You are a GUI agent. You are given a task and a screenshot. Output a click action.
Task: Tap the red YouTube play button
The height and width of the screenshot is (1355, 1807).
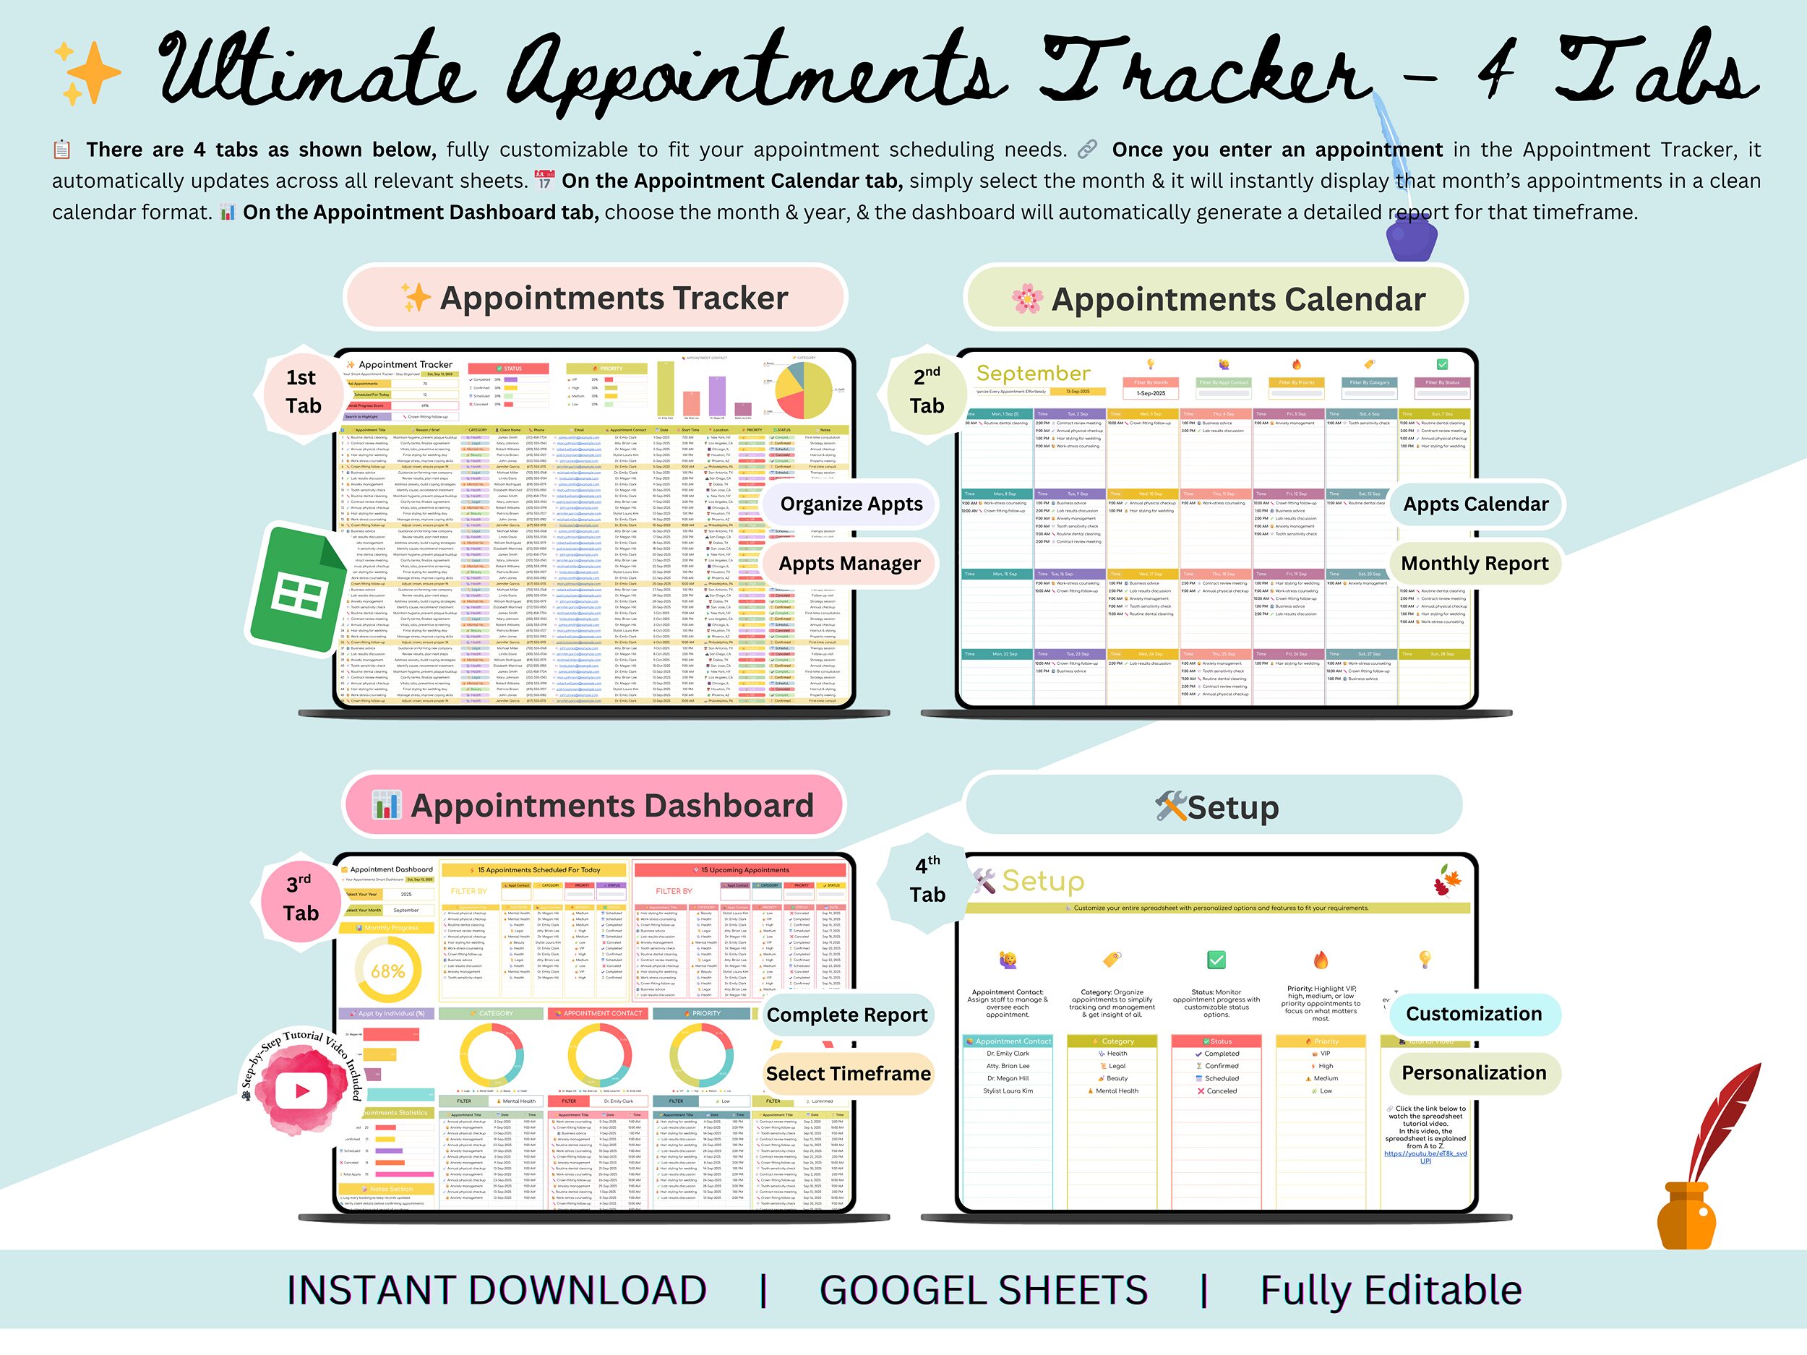[x=301, y=1091]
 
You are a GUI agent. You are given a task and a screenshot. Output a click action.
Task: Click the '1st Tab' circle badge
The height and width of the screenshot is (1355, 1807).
[x=302, y=392]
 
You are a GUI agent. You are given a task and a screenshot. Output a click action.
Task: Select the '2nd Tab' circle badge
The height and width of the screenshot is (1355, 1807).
[x=927, y=392]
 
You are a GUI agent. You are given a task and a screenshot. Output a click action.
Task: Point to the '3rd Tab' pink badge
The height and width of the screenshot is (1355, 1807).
[x=301, y=898]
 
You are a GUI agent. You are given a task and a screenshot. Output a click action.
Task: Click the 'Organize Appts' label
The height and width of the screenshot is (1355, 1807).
[x=851, y=504]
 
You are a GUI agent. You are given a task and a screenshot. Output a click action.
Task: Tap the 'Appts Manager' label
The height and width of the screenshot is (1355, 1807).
[x=849, y=564]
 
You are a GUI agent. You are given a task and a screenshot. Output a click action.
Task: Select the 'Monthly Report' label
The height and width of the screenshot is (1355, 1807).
[x=1475, y=564]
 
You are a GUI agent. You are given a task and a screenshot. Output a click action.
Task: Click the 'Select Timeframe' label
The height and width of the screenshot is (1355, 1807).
[x=848, y=1074]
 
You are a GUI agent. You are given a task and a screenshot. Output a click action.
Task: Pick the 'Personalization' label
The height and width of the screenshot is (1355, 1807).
[x=1474, y=1073]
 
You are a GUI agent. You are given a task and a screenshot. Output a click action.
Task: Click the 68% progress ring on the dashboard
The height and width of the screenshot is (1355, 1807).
[x=387, y=971]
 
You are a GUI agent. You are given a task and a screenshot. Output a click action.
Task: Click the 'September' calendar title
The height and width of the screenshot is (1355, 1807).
[x=1034, y=374]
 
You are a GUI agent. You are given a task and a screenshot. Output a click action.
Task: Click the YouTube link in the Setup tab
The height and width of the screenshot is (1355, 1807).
[x=1425, y=1156]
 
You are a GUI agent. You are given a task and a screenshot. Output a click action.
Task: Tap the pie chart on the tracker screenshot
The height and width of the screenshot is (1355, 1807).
[x=803, y=390]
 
